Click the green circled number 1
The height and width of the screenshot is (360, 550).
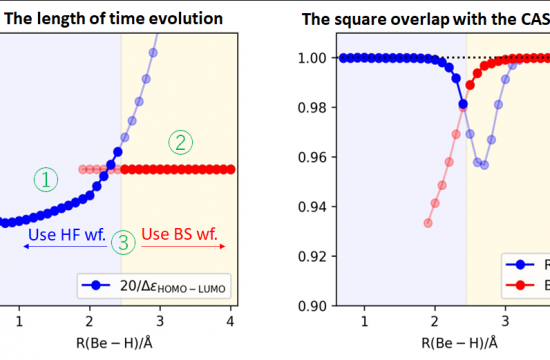(46, 180)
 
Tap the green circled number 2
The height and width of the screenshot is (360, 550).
(180, 143)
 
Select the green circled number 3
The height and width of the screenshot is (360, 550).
(122, 241)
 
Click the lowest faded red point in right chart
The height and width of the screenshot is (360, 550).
(428, 223)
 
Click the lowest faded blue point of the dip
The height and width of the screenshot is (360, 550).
(484, 164)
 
